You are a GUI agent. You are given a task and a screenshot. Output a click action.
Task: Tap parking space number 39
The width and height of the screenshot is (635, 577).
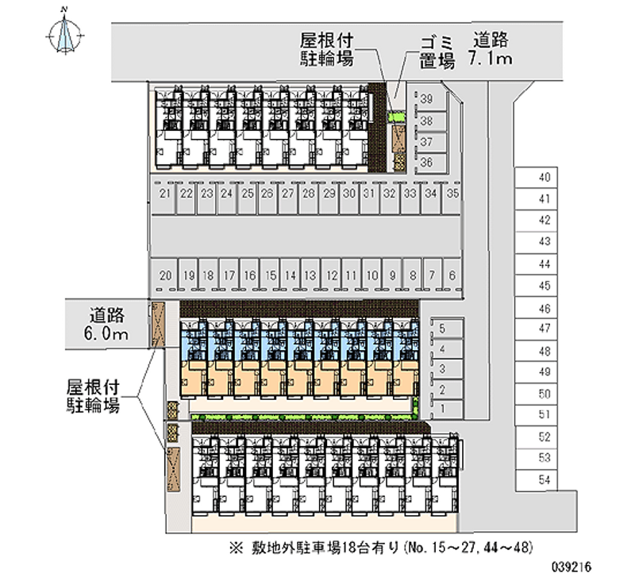[x=427, y=100]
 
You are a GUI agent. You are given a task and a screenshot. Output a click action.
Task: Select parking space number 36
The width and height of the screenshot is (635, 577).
[x=427, y=163]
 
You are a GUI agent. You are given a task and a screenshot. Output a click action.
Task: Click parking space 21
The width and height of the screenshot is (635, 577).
[x=165, y=194]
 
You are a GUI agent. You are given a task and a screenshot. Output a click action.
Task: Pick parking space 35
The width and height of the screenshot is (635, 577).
[x=452, y=194]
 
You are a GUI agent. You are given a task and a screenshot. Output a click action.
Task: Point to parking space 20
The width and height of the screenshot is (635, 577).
[x=165, y=275]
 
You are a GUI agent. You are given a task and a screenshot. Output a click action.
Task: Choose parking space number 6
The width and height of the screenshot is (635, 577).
[x=452, y=275]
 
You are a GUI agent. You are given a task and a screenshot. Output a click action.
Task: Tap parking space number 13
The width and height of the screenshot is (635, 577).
[x=310, y=275]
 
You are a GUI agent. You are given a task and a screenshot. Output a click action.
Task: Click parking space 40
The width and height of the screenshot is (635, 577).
[x=545, y=178]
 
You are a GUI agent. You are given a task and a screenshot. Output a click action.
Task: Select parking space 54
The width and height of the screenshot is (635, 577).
[x=545, y=479]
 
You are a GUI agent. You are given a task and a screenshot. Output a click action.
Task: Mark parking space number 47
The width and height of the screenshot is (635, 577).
[x=545, y=328]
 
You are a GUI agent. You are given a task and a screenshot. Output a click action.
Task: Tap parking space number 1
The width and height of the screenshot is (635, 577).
[x=441, y=409]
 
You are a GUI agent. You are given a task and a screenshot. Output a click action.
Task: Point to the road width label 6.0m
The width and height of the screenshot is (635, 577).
[x=108, y=334]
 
